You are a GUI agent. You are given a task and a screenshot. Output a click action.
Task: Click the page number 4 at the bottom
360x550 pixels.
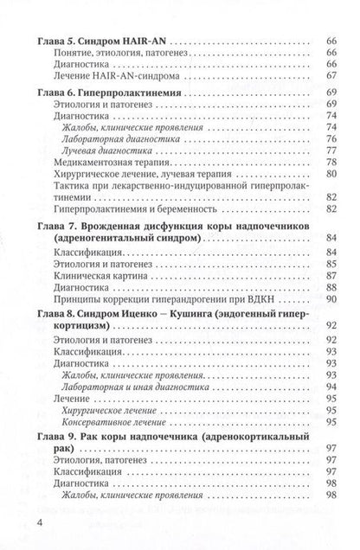[17, 524]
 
